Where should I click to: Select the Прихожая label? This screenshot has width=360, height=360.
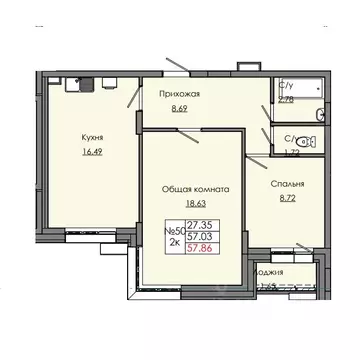pos(180,95)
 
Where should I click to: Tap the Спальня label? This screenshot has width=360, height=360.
pos(287,185)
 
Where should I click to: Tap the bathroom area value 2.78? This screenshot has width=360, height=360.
pos(286,100)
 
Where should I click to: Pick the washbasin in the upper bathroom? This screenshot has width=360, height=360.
pos(320,113)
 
